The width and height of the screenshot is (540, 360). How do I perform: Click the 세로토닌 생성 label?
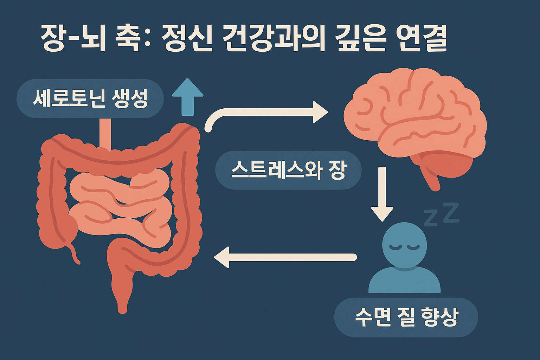pos(90,98)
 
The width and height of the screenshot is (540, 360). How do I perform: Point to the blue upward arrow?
pos(188,97)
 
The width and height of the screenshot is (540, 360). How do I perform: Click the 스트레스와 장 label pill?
pos(288,170)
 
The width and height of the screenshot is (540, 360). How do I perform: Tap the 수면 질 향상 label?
pos(406,317)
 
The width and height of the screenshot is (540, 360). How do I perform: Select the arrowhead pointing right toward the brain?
pos(320,112)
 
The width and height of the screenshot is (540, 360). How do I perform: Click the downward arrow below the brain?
pos(382,197)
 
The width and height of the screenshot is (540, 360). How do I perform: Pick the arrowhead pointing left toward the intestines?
pos(222,257)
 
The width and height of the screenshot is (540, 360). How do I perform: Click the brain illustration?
pos(415,112)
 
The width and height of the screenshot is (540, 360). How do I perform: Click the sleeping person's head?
pos(404,245)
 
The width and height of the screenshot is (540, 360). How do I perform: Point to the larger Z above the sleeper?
pos(451,213)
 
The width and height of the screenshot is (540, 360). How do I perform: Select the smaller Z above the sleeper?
pos(431,218)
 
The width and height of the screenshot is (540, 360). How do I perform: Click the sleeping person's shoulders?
pos(404,281)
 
